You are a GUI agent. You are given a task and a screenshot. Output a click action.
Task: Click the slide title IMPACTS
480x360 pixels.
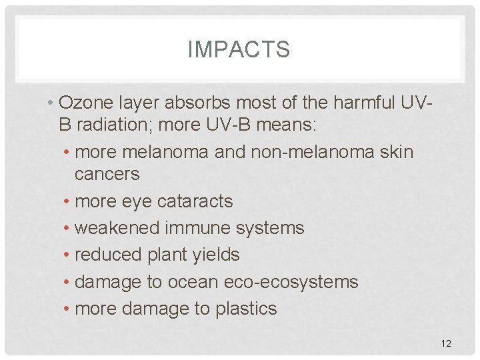point(239,49)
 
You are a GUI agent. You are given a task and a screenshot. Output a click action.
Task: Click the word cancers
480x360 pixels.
point(107,174)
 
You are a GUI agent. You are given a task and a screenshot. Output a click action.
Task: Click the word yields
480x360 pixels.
point(215,255)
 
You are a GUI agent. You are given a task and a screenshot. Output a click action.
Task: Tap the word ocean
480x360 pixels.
point(192,282)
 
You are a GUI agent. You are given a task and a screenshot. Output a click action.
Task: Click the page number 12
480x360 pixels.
point(446,343)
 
